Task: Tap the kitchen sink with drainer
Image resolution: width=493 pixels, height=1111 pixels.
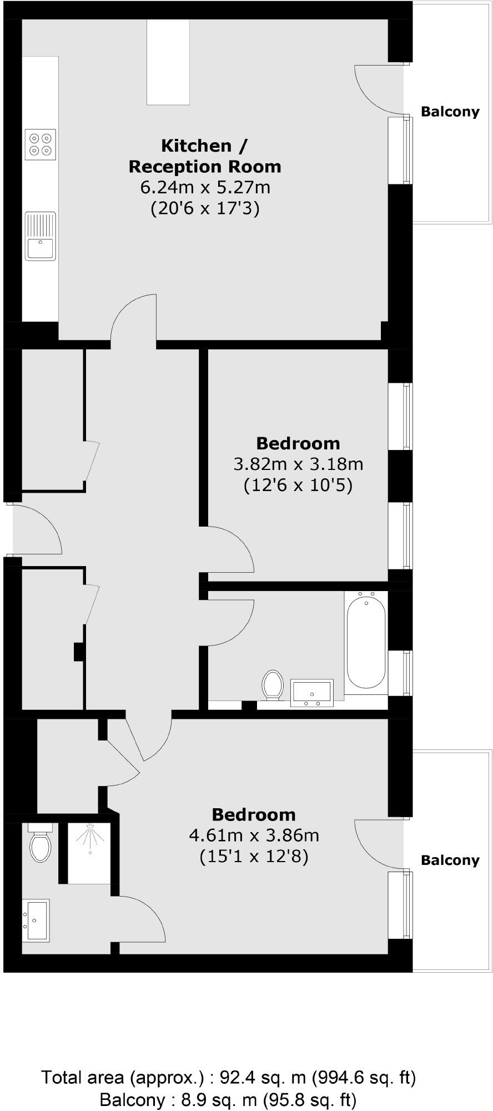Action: [x=41, y=236]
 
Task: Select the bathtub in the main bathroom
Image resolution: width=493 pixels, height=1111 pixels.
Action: [x=366, y=641]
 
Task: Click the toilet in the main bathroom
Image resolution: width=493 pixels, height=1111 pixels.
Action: [x=273, y=683]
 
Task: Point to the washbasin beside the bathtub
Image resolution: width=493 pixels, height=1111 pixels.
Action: [x=312, y=693]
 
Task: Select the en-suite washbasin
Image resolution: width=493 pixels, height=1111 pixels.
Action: [x=36, y=920]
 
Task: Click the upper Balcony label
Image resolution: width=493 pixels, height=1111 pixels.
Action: [x=450, y=112]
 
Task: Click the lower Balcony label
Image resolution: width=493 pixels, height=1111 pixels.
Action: [x=450, y=860]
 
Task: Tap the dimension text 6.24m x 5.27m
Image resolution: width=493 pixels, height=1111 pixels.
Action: [x=205, y=187]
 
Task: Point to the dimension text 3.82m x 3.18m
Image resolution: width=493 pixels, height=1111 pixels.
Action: [x=298, y=463]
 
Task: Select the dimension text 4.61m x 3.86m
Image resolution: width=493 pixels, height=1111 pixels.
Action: [x=254, y=835]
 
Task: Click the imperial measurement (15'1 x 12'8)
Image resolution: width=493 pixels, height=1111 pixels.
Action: [x=254, y=857]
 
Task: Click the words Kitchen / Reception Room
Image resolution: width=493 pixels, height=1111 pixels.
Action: [x=205, y=156]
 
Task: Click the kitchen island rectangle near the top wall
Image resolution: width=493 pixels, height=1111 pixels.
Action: [x=168, y=62]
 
